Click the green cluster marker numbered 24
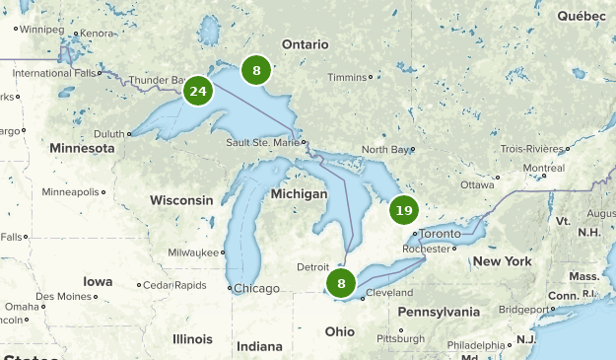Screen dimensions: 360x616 pos(198,92)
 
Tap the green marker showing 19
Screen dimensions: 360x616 pos(403,210)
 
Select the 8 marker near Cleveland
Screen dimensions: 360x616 pos(341,284)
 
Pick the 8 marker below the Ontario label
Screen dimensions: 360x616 pos(256,70)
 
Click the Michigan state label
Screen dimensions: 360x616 pos(299,194)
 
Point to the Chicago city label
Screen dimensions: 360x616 pos(255,288)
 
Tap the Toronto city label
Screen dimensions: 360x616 pos(440,234)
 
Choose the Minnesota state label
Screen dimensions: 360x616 pos(82,148)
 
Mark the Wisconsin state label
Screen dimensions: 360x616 pos(181,200)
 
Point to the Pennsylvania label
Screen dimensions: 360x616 pos(439,312)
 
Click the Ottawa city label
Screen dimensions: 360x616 pos(477,184)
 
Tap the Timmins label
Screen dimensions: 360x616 pos(346,77)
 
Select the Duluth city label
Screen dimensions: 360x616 pos(108,134)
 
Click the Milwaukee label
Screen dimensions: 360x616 pos(193,252)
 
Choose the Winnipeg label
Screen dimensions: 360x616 pos(40,30)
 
